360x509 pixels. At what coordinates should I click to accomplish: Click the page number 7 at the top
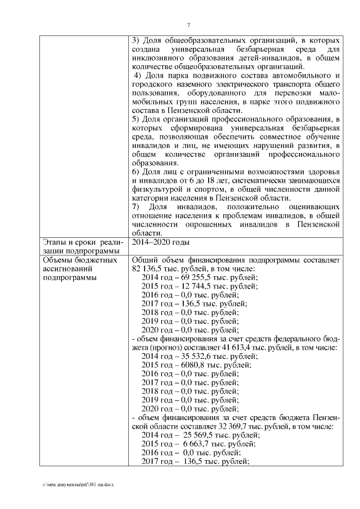[x=189, y=24]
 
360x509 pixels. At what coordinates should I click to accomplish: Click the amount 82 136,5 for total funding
[x=145, y=269]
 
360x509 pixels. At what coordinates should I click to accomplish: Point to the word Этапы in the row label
[x=56, y=242]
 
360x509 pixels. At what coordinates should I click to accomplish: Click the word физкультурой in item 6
[x=155, y=189]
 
